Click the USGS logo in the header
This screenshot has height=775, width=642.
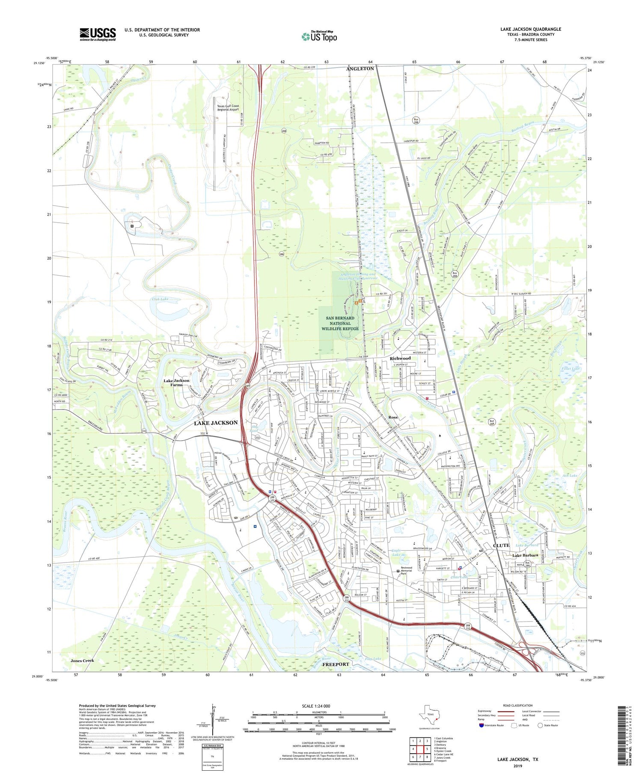coord(98,34)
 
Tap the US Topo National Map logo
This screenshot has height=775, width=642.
coord(319,36)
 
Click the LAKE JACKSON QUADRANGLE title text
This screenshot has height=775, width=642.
coord(530,29)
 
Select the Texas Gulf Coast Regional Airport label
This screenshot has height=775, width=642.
coord(228,108)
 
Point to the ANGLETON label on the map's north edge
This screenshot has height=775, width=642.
coord(360,68)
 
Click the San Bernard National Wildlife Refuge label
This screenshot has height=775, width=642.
coord(340,323)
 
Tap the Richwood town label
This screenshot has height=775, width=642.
coord(400,358)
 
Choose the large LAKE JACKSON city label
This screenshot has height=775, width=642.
coord(216,423)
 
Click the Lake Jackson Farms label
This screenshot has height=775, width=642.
coord(176,382)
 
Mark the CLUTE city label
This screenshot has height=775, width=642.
coord(501,545)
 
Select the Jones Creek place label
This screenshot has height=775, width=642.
coord(82,660)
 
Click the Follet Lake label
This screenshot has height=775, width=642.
coord(569,368)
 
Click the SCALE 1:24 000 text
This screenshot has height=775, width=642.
coord(319,706)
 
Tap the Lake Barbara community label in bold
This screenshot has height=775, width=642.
coord(525,555)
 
